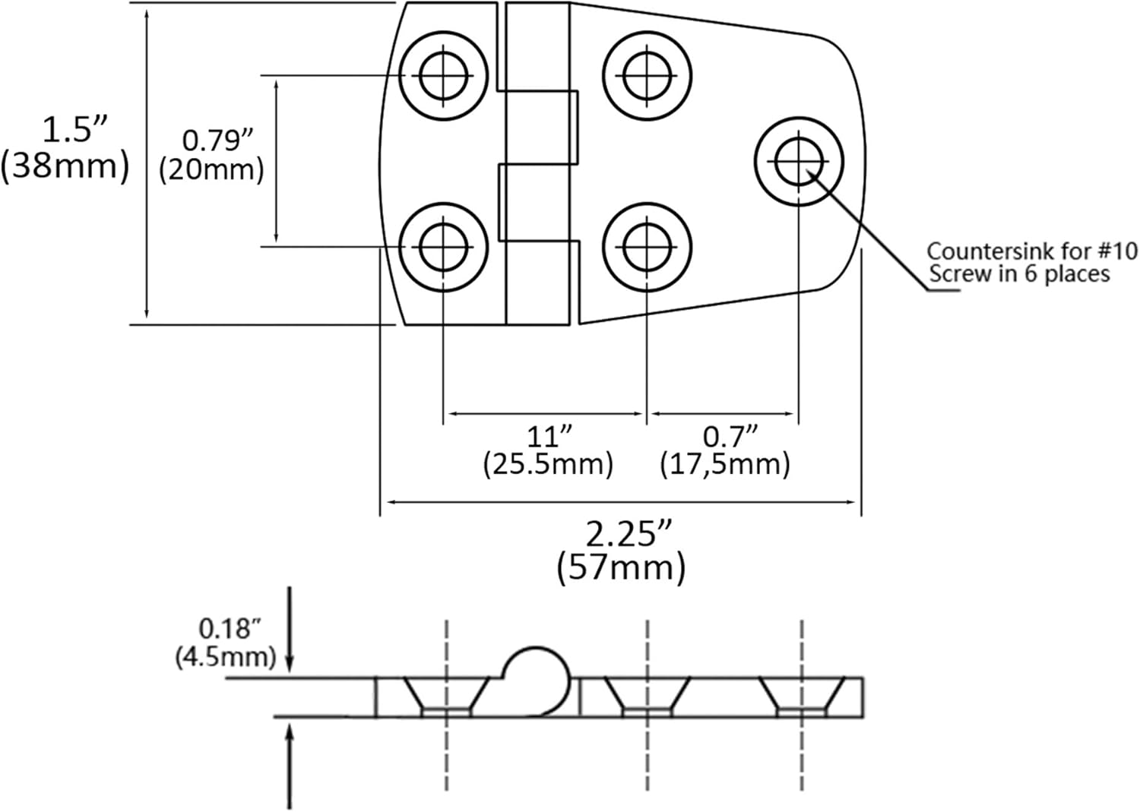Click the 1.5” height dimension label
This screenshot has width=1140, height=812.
74,129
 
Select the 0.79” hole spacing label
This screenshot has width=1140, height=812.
217,140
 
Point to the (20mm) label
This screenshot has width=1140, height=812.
212,169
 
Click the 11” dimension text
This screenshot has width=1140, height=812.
549,436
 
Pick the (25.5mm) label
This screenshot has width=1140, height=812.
548,464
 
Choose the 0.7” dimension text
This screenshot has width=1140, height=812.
730,436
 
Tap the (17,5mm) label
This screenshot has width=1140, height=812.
725,464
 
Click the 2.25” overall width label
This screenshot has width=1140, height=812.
629,534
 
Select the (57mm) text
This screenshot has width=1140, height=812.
622,567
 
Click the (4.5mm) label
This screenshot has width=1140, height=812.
226,657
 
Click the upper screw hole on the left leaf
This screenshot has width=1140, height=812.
443,76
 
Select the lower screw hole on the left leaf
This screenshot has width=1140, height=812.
443,248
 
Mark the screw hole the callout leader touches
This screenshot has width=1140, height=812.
799,162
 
